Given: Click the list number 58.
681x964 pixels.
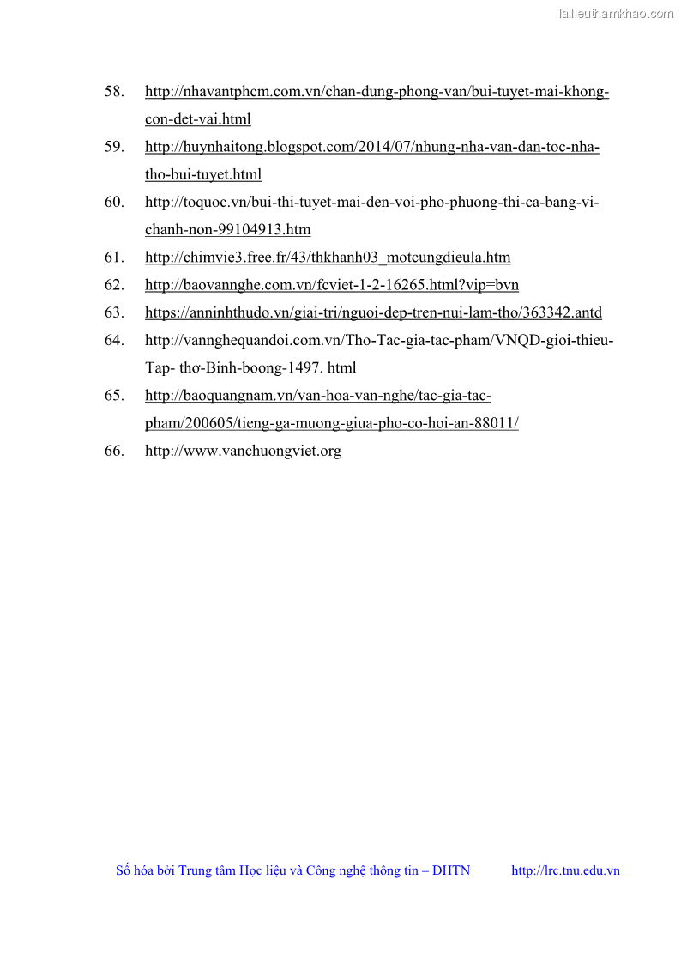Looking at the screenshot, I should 114,92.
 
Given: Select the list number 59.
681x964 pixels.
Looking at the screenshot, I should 114,147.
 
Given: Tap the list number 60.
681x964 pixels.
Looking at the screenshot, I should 114,202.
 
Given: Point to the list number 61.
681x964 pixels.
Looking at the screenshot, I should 114,257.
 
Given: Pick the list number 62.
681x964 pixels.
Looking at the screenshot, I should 114,285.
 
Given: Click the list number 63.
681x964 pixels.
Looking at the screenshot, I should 114,312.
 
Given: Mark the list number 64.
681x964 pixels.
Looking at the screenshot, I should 114,340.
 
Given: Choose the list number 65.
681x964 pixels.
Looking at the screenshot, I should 114,395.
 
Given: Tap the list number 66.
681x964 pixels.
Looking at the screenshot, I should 114,451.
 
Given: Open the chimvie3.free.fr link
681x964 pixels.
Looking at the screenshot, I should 328,258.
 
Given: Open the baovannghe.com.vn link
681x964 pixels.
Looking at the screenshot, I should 331,285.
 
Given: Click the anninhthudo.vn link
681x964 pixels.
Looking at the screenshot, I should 373,312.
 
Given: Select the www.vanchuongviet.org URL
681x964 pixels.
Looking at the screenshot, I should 243,451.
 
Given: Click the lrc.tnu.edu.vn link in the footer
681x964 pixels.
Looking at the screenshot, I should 565,870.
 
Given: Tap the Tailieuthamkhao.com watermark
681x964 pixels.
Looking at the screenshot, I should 615,13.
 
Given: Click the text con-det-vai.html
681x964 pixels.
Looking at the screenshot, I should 197,119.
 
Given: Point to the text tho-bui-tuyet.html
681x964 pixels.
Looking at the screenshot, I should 203,174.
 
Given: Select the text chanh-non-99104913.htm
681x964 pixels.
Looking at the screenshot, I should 227,229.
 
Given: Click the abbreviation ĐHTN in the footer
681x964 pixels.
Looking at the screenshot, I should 451,870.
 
